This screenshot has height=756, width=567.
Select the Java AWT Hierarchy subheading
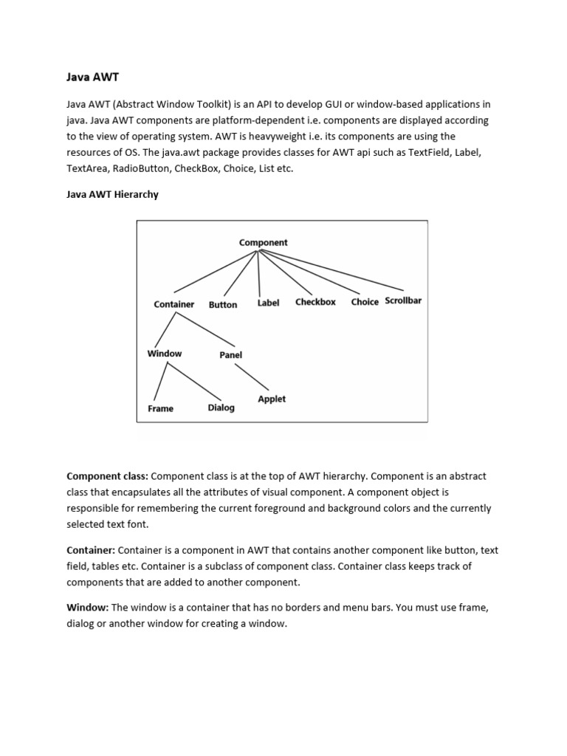[x=112, y=195]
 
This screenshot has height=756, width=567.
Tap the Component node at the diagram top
[x=264, y=242]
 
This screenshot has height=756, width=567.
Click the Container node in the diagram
[x=174, y=304]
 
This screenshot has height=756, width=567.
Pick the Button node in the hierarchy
[x=223, y=304]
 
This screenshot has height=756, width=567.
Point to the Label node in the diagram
[x=268, y=303]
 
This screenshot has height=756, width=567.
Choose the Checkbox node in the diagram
[x=315, y=301]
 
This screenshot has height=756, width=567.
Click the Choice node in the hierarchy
[x=365, y=302]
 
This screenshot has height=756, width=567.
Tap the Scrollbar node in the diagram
[x=403, y=300]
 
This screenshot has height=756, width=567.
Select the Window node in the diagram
[x=165, y=354]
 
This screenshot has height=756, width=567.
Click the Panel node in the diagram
[x=231, y=355]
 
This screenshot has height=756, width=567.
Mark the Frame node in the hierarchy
[x=160, y=408]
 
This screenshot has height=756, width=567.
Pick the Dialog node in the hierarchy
[x=221, y=408]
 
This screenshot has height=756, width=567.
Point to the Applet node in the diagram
[x=272, y=399]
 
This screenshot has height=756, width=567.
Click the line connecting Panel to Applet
[x=252, y=377]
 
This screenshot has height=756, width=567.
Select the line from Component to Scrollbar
[x=332, y=270]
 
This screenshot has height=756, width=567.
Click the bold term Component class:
[x=108, y=476]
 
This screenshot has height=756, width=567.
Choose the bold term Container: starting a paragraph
[x=91, y=550]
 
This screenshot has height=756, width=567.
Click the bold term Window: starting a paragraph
[x=88, y=608]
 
